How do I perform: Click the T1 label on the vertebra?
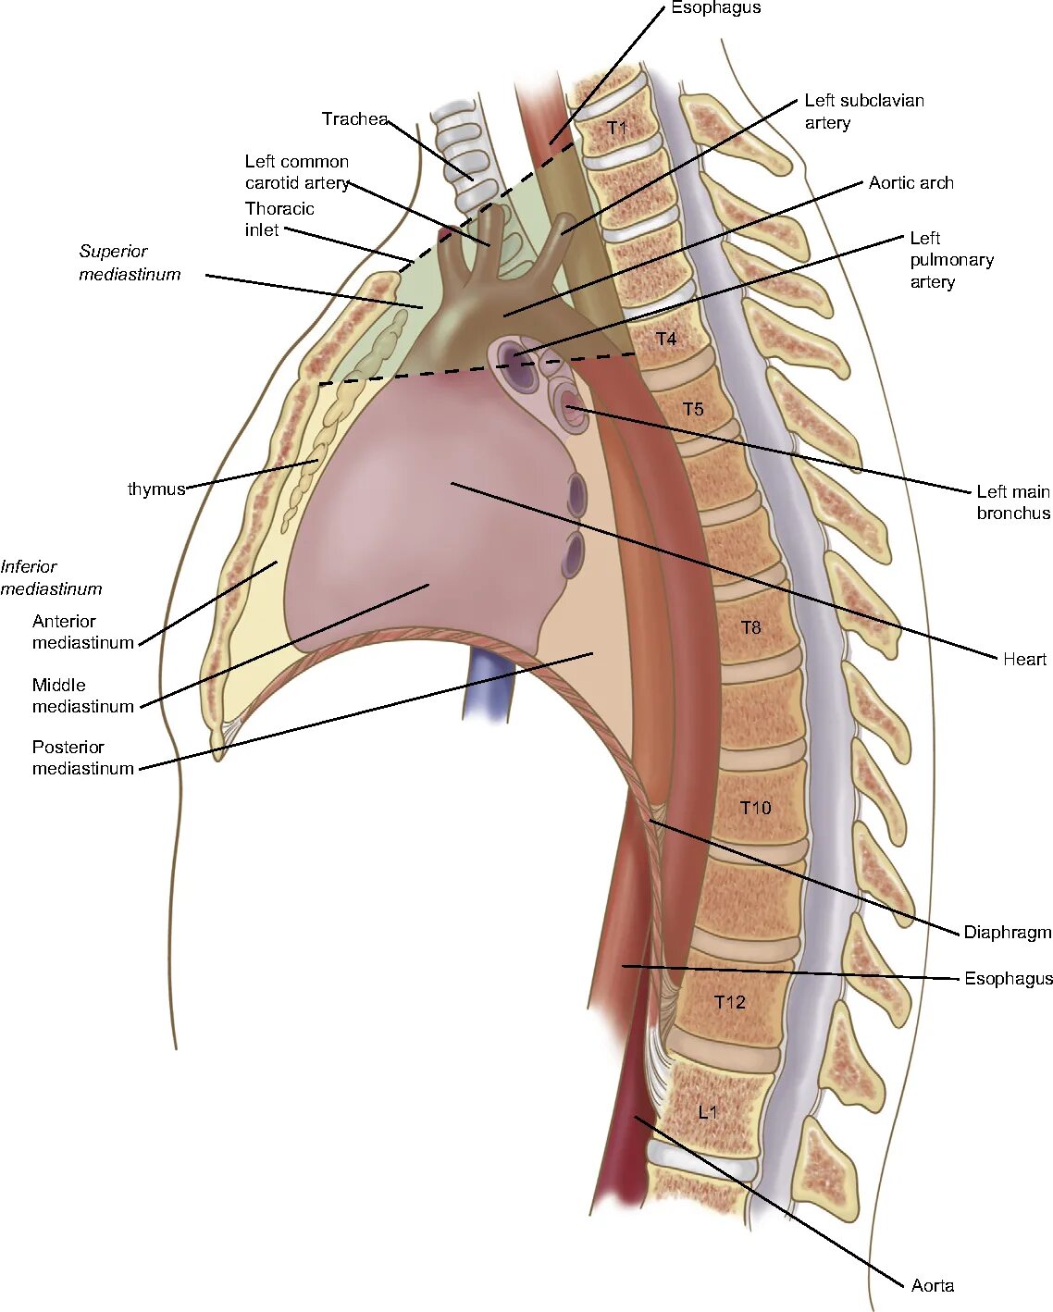[x=617, y=128]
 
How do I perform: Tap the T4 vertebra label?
[x=666, y=340]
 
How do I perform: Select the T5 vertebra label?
[x=693, y=409]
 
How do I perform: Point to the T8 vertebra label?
[x=751, y=628]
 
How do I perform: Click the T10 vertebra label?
[x=755, y=808]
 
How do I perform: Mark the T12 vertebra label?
[x=729, y=1002]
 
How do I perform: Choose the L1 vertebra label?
[x=708, y=1112]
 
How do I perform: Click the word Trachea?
[x=354, y=119]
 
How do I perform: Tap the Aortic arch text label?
[x=911, y=183]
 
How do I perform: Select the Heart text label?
[x=1024, y=660]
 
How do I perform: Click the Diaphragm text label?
[x=1007, y=933]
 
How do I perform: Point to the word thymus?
[x=156, y=489]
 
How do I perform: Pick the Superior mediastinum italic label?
[x=130, y=263]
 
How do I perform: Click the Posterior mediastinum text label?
[x=82, y=758]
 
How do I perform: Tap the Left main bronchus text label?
[x=1013, y=502]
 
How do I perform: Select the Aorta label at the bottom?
[x=932, y=1286]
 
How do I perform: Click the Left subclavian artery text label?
[x=863, y=112]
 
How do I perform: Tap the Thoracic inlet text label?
[x=279, y=219]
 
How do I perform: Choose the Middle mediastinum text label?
[x=82, y=696]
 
